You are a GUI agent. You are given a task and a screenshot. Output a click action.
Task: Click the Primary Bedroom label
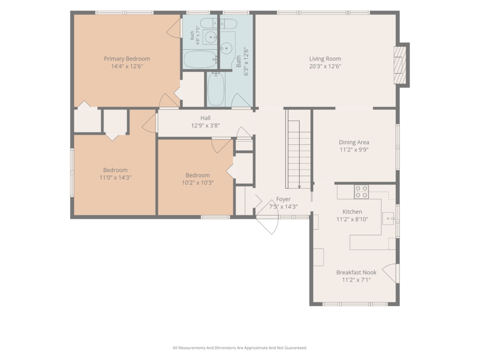pos(127,59)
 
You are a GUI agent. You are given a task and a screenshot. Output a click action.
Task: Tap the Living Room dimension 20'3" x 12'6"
pos(325,66)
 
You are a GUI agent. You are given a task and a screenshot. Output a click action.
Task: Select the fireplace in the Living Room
pos(401,65)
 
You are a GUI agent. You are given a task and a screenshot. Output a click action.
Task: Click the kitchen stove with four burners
pos(361,192)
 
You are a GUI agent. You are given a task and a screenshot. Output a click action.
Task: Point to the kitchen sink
pos(389,218)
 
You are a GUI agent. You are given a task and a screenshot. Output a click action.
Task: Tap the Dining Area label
pos(354,142)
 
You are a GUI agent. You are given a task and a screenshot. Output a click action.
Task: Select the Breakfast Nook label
pos(356,272)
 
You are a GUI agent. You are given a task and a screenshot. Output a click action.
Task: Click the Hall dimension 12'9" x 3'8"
pos(205,125)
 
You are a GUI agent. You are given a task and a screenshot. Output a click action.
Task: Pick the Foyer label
pos(283,199)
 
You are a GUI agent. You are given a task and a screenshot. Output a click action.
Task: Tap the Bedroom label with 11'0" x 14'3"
pos(115,170)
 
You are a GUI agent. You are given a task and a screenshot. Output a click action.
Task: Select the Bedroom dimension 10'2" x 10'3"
pos(198,182)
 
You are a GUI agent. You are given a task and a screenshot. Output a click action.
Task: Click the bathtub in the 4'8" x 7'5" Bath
pos(200,60)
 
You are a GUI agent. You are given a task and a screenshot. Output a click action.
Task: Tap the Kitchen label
pos(352,211)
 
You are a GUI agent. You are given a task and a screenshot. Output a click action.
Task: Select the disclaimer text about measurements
pos(240,348)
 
